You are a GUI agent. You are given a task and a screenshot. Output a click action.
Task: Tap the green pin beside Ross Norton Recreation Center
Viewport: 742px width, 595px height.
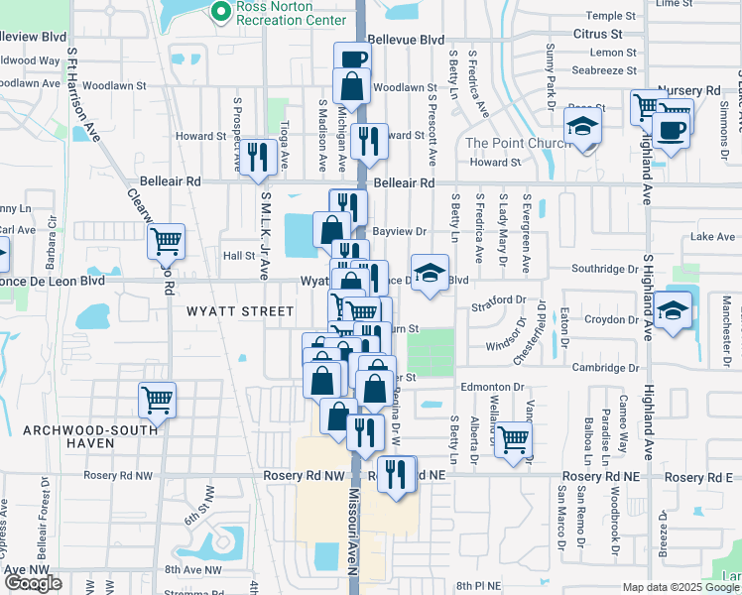point(219,10)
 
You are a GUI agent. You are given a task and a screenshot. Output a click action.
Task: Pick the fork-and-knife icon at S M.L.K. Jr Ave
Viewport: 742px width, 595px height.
point(258,156)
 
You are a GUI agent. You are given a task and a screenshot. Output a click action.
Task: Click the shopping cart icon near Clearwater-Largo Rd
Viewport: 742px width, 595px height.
point(166,240)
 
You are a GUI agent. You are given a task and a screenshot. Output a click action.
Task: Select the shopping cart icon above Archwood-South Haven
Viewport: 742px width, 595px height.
point(157,400)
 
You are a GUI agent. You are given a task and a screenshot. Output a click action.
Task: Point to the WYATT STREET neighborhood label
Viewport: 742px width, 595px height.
point(240,311)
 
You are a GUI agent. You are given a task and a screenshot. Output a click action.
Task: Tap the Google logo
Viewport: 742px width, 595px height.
point(33,583)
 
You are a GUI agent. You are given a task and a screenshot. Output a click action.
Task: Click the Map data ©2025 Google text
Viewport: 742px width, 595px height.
point(681,587)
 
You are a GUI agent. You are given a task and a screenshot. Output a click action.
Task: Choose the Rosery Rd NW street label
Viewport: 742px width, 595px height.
point(303,477)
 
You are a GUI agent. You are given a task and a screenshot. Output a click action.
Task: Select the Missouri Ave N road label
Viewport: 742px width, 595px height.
point(351,535)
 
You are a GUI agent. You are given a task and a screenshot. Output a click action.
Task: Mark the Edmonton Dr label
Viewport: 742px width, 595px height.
point(490,387)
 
